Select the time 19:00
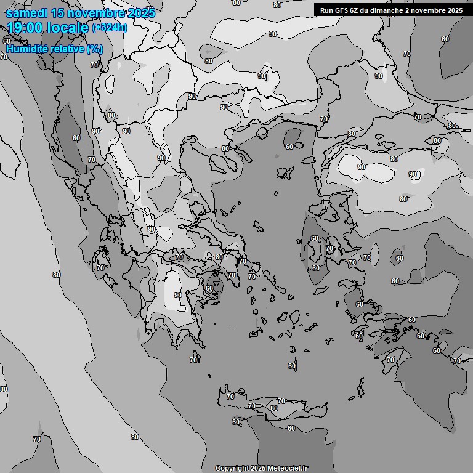click(27, 27)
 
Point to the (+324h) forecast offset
click(109, 27)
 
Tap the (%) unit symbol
click(95, 48)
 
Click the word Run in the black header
click(326, 10)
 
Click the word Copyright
click(232, 469)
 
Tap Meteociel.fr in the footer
click(294, 469)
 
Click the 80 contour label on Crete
click(273, 408)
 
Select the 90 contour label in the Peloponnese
click(178, 295)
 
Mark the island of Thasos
click(262, 132)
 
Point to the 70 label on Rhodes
click(390, 360)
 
